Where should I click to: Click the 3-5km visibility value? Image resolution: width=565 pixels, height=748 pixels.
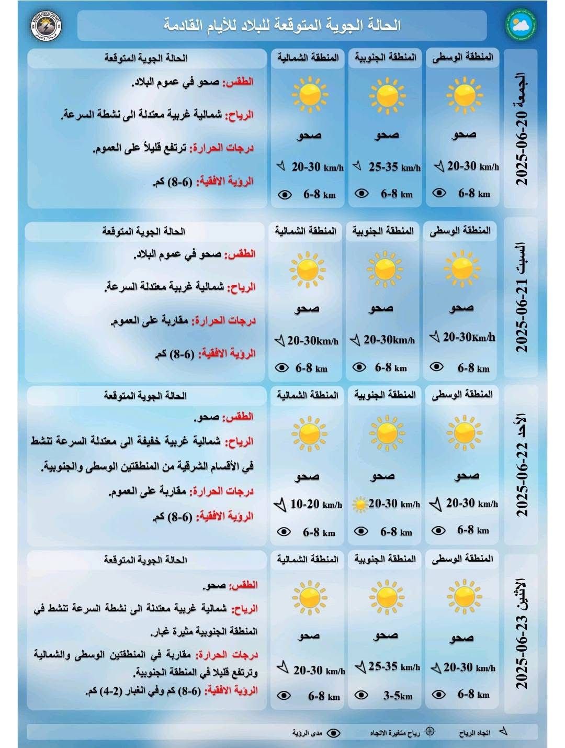[x=398, y=696]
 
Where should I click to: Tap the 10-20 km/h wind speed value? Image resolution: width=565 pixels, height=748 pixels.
[x=316, y=504]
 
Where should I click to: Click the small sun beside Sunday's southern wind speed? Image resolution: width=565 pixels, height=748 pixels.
[x=360, y=505]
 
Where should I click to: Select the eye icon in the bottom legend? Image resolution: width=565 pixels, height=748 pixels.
[x=333, y=733]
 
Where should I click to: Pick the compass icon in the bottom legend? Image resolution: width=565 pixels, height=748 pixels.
[x=430, y=732]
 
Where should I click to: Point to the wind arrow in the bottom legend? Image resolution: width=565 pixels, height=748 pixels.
[x=503, y=732]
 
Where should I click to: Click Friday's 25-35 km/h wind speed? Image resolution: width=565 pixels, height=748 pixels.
[x=394, y=168]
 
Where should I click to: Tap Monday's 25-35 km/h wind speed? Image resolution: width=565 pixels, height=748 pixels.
[x=394, y=666]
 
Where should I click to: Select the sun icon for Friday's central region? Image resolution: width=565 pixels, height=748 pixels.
[x=464, y=95]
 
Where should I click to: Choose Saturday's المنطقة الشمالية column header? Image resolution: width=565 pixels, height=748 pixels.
[x=306, y=231]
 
